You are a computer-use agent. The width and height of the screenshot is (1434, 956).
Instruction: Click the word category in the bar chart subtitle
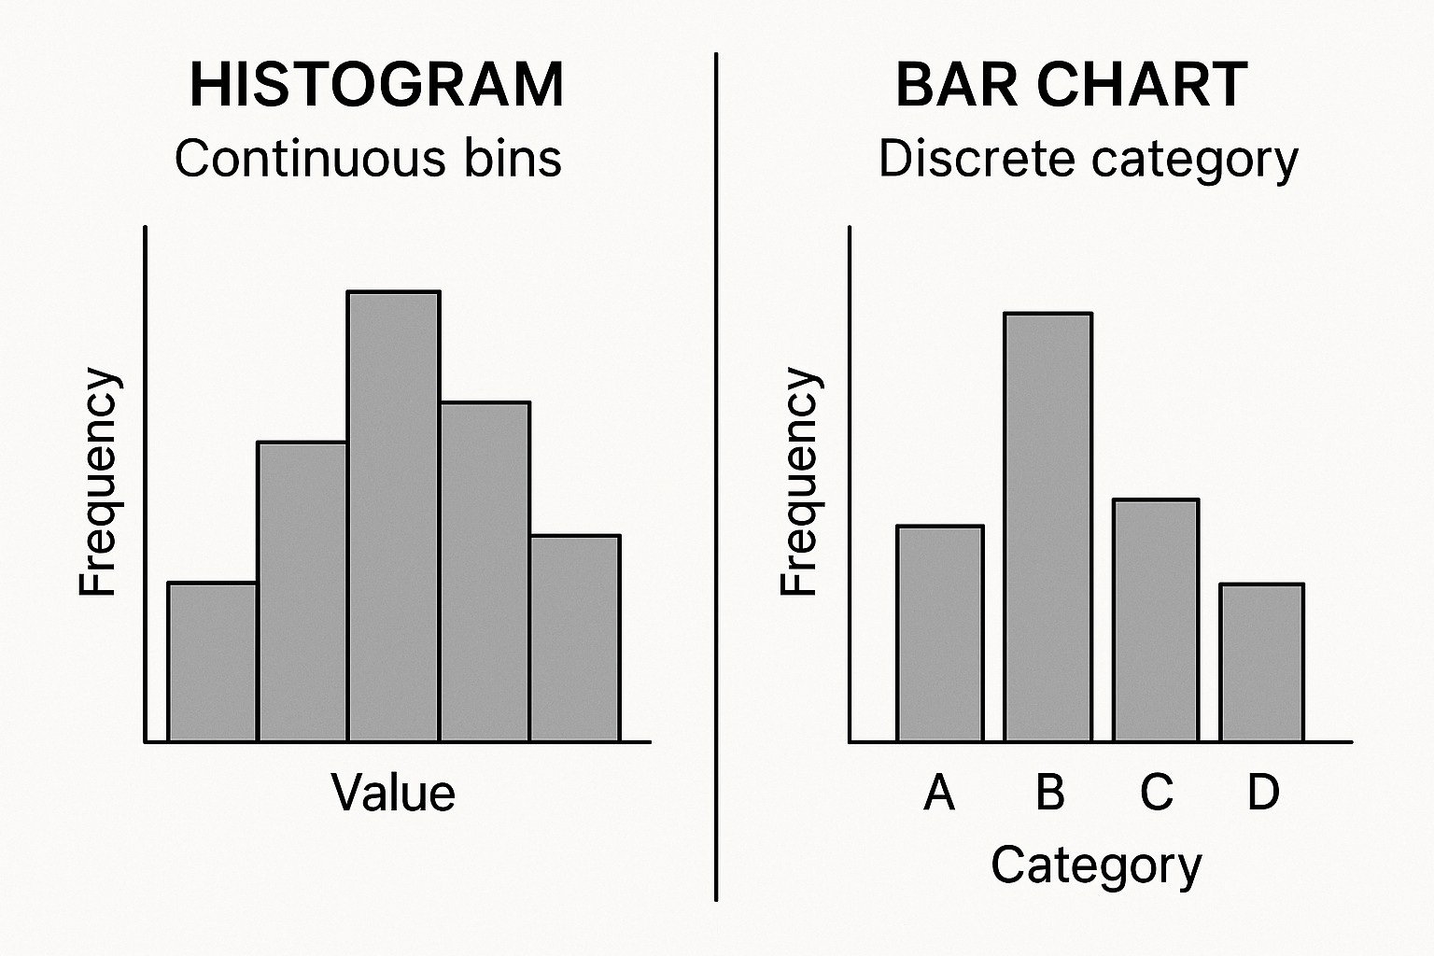pyautogui.click(x=1194, y=161)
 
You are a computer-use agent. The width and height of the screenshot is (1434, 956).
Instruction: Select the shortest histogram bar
pyautogui.click(x=212, y=662)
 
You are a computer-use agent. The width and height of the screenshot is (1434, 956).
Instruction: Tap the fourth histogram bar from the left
pyautogui.click(x=485, y=571)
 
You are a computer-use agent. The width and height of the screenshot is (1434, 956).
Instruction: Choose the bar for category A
pyautogui.click(x=940, y=634)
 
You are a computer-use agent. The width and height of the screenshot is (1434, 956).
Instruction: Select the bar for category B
pyautogui.click(x=1047, y=527)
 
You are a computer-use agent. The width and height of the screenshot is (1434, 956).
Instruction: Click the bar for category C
pyautogui.click(x=1156, y=621)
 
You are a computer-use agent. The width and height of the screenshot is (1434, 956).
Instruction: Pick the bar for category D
pyautogui.click(x=1262, y=663)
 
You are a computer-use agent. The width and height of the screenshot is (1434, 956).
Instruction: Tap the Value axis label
pyautogui.click(x=393, y=793)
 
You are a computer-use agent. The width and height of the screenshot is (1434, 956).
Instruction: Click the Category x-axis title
pyautogui.click(x=1096, y=866)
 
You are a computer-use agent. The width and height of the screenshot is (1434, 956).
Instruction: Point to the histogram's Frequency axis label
pyautogui.click(x=98, y=482)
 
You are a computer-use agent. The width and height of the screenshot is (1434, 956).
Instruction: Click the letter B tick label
pyautogui.click(x=1049, y=792)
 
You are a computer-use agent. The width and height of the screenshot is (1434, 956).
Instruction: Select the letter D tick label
pyautogui.click(x=1263, y=792)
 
